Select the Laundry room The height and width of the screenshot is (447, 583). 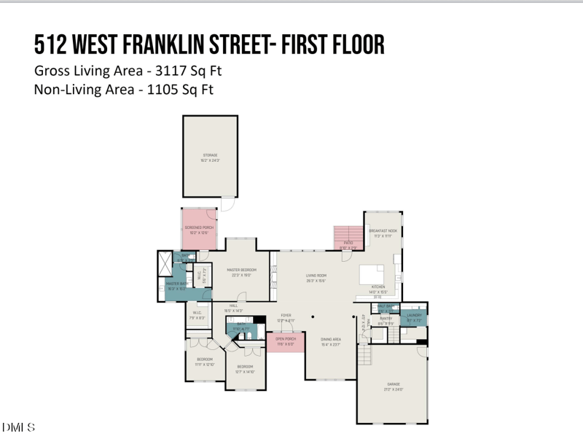[x=414, y=316]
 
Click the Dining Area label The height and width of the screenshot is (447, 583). [x=332, y=341]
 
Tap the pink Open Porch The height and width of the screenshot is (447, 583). [x=285, y=341]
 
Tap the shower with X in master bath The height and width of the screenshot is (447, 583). [x=164, y=261]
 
